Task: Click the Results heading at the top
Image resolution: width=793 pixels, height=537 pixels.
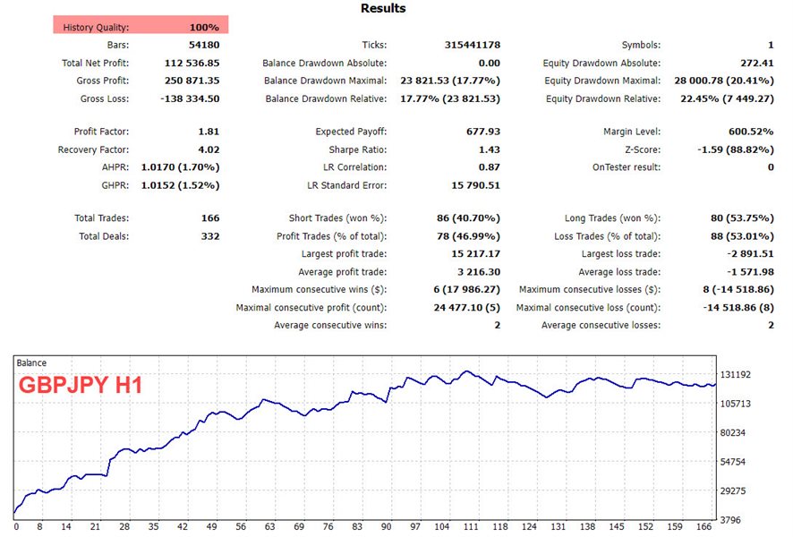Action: click(383, 9)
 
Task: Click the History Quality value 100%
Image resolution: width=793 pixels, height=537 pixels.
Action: click(204, 28)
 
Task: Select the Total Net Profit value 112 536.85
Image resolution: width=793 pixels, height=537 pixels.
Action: click(189, 64)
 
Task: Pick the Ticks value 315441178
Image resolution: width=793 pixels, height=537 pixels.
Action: click(472, 45)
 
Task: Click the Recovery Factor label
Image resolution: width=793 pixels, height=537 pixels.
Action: click(93, 150)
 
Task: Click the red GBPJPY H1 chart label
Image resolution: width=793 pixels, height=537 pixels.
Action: click(81, 387)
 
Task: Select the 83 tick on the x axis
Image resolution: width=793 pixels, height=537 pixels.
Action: click(357, 527)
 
